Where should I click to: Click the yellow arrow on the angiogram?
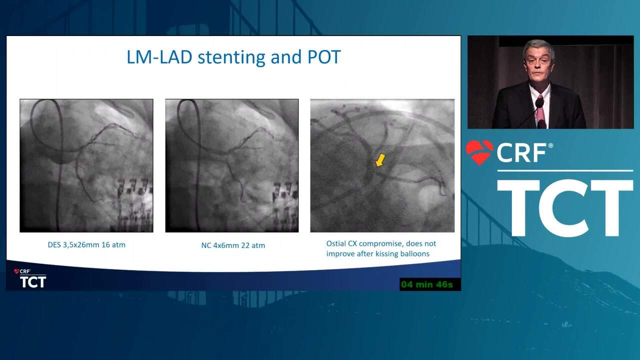click(380, 160)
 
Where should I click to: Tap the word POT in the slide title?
click(324, 57)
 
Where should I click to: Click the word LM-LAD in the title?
click(159, 57)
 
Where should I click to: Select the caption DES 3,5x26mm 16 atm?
click(86, 245)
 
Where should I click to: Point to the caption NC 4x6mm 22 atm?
click(233, 245)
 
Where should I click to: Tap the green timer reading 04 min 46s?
click(427, 284)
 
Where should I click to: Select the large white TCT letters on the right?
click(565, 208)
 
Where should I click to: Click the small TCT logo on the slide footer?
click(33, 282)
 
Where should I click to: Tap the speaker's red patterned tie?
click(539, 110)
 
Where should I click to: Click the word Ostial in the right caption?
click(336, 243)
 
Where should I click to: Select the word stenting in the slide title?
click(231, 57)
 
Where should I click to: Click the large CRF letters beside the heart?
click(521, 153)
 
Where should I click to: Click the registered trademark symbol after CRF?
click(550, 145)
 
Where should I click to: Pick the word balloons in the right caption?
click(416, 253)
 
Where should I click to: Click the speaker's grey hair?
click(538, 45)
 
